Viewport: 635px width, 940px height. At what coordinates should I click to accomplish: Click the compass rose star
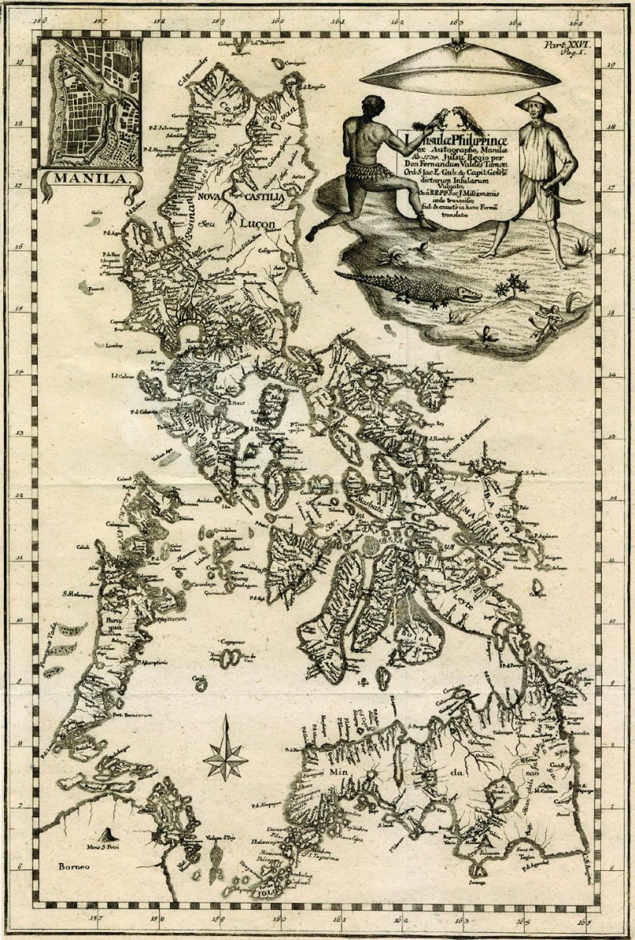point(226,758)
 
